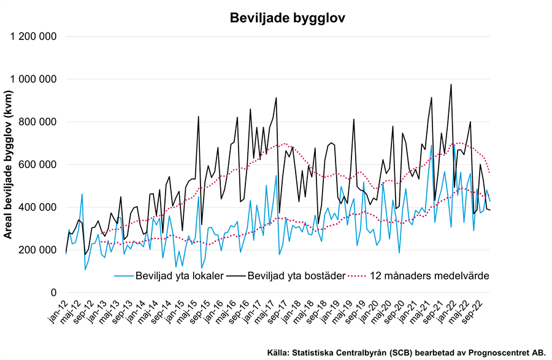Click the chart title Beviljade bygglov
pyautogui.click(x=287, y=18)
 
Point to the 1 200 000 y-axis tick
pyautogui.click(x=34, y=36)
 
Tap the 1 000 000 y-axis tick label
pyautogui.click(x=34, y=79)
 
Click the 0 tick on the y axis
pyautogui.click(x=54, y=293)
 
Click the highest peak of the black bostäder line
pyautogui.click(x=451, y=85)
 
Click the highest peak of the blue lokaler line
pyautogui.click(x=432, y=146)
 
